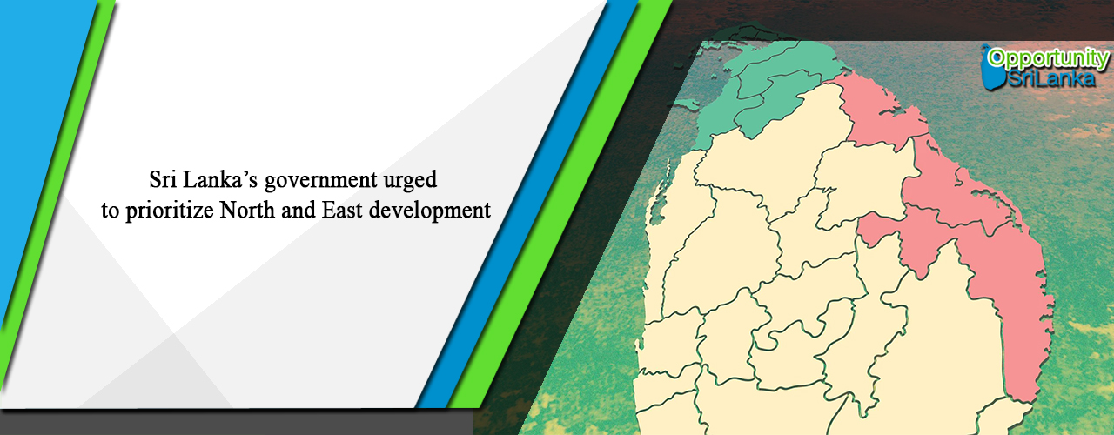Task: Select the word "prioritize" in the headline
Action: click(x=170, y=211)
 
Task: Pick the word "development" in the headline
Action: click(x=430, y=211)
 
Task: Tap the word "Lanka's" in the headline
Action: click(x=220, y=179)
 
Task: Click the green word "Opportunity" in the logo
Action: click(x=1048, y=59)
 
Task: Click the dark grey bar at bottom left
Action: click(x=236, y=423)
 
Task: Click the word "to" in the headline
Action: click(x=111, y=211)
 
